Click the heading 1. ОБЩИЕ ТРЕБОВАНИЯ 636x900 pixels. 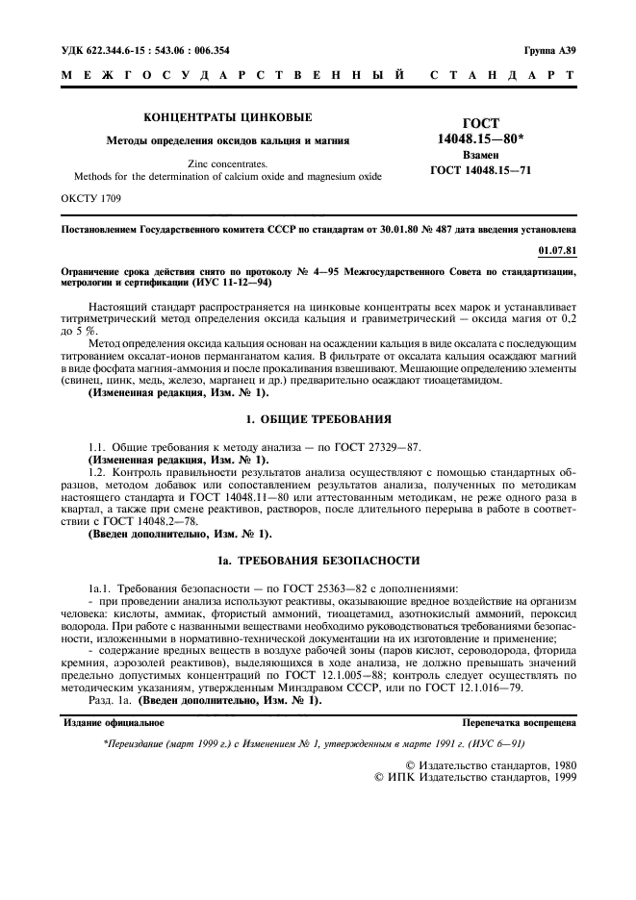[x=318, y=419]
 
